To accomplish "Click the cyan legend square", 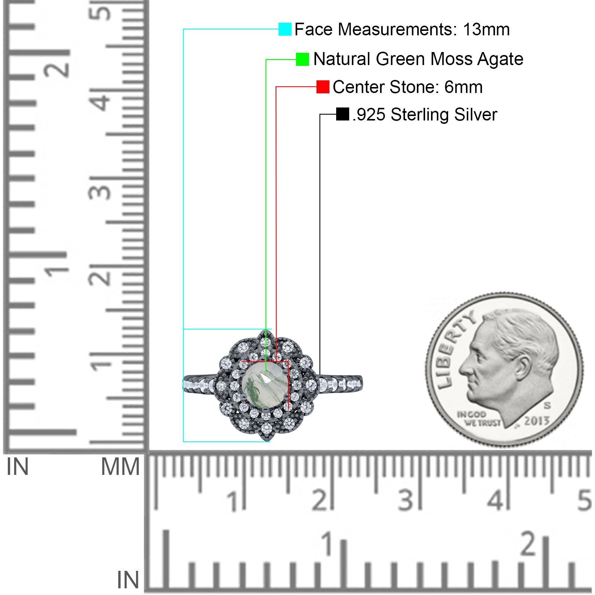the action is (x=285, y=29).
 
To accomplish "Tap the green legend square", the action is (x=302, y=59).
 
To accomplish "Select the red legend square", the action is (x=323, y=87).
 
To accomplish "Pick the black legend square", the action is (x=342, y=114).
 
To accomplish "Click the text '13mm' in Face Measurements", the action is (x=486, y=29).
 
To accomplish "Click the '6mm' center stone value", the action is (x=463, y=87).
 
